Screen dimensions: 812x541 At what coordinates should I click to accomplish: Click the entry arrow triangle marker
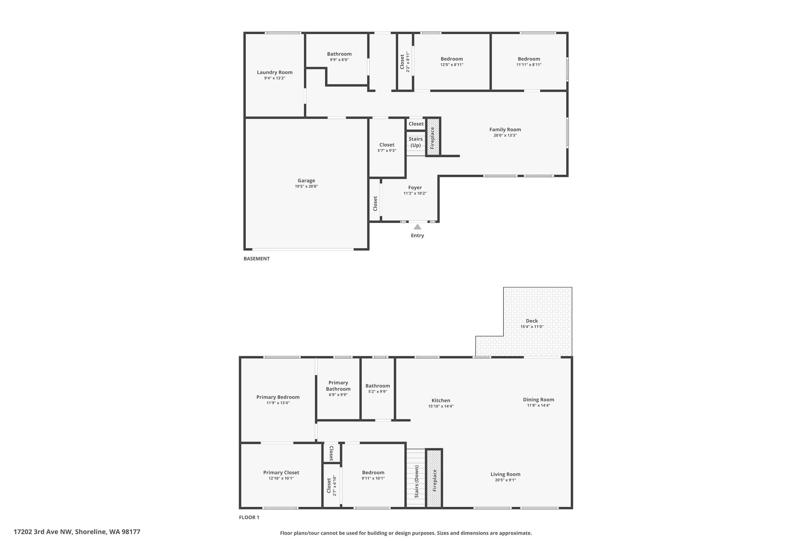417,227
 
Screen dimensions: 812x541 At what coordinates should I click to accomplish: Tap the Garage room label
306,181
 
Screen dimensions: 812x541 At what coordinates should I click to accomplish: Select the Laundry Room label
275,73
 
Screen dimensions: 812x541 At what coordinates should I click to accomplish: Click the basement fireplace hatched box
433,137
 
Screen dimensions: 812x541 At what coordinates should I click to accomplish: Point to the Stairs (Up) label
416,142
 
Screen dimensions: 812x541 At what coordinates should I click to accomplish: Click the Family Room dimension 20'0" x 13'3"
505,136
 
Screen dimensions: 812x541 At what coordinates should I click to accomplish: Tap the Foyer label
415,188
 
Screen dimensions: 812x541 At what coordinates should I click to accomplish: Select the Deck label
532,321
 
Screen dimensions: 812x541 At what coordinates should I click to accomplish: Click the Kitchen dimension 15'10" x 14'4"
441,406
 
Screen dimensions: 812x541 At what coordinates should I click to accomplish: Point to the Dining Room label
538,400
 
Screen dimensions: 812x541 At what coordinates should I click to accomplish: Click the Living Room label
506,474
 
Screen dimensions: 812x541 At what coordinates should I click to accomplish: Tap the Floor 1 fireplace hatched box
434,478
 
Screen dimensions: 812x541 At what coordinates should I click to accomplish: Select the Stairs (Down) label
417,482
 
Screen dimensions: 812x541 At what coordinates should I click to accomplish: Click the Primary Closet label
281,473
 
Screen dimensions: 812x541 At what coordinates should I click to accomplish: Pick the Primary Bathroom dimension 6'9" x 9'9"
338,395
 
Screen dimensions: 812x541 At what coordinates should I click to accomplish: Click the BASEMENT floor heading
257,259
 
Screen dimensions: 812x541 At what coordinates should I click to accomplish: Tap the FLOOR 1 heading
249,517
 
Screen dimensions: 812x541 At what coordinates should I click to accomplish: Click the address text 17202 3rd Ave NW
43,532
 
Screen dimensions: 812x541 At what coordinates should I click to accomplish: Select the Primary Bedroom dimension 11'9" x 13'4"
278,403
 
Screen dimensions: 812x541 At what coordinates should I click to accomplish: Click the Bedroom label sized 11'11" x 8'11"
529,59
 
